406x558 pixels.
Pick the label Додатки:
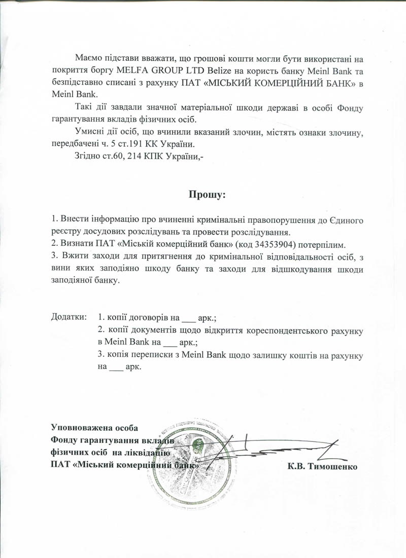tap(69, 318)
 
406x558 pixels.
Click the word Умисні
tap(89, 132)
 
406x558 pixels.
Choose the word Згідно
tap(88, 156)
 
